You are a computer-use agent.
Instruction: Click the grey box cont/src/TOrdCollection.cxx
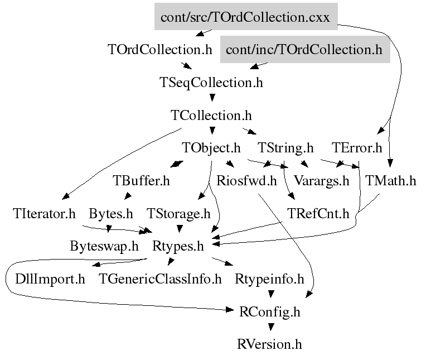[245, 17]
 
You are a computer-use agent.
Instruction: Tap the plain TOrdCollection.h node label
[159, 50]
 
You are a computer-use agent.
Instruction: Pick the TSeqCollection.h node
[211, 83]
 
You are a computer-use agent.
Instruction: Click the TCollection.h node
[211, 116]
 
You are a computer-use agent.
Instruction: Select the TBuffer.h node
[141, 181]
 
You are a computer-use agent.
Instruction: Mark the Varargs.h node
[321, 181]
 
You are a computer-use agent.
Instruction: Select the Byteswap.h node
[104, 246]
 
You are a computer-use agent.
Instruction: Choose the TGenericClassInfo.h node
[161, 279]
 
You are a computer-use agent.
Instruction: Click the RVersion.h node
[270, 344]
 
